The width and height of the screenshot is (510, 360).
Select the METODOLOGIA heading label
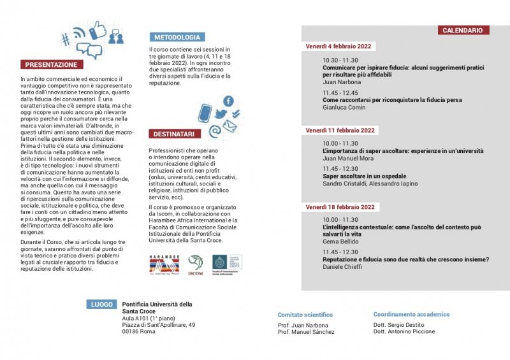[178, 37]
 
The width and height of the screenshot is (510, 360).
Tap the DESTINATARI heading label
[175, 134]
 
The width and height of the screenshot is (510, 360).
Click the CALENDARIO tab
[463, 30]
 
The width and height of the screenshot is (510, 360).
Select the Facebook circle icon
[228, 101]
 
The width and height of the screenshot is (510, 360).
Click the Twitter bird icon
[221, 115]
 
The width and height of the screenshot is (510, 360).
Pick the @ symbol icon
[215, 131]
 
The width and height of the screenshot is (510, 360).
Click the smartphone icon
[205, 113]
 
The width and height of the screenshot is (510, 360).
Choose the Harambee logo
[164, 262]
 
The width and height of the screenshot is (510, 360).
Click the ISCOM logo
[196, 263]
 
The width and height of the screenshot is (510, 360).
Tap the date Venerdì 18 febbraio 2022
[340, 207]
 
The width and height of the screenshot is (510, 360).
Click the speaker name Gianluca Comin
[344, 108]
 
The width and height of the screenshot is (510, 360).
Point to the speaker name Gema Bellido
[342, 241]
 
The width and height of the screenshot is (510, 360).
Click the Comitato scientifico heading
[305, 315]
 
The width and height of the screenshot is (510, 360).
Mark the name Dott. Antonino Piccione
[404, 331]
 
